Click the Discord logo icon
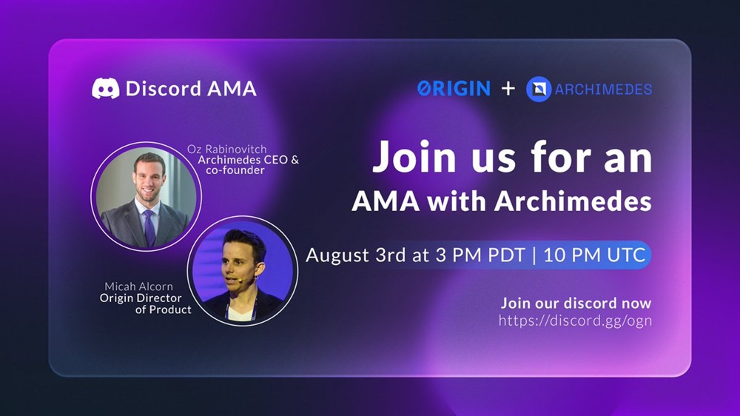pos(105,88)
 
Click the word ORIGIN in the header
pos(454,89)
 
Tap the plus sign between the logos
pos(508,89)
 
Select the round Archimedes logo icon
pos(539,90)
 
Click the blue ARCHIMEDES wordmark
pos(603,90)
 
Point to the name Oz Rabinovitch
pos(226,150)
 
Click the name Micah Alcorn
pos(139,286)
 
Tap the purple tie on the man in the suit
pos(149,227)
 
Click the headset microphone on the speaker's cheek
pos(242,280)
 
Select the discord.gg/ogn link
pos(575,321)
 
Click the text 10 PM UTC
pos(595,255)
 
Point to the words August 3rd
pos(356,255)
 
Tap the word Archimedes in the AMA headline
pos(573,201)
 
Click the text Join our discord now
pos(576,303)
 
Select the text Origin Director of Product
pos(145,303)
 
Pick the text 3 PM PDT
pos(480,255)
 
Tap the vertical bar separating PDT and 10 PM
pos(534,255)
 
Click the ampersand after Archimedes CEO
pos(295,160)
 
